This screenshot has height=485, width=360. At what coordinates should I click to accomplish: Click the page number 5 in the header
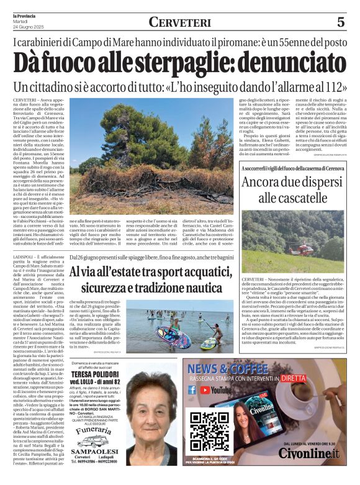click(341, 22)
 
